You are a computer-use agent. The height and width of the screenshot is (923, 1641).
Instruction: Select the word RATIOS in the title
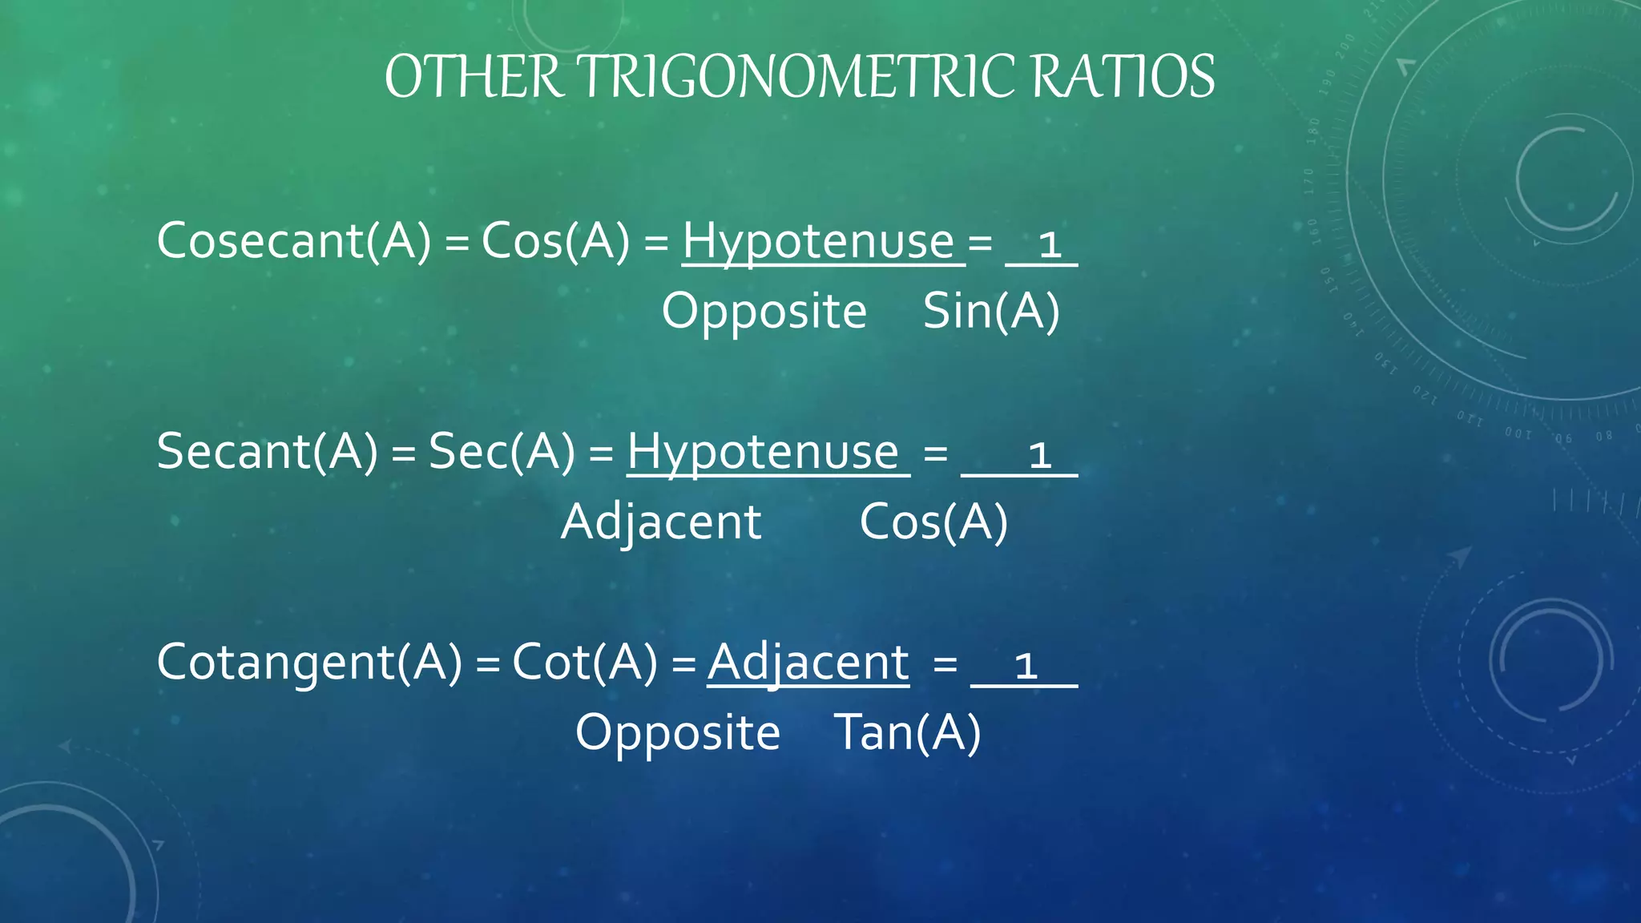pyautogui.click(x=1123, y=77)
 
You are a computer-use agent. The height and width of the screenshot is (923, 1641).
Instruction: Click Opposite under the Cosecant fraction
pyautogui.click(x=764, y=311)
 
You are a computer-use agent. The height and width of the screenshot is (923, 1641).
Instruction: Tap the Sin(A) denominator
pyautogui.click(x=991, y=311)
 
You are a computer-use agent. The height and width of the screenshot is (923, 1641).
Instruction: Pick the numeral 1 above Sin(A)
pyautogui.click(x=1049, y=244)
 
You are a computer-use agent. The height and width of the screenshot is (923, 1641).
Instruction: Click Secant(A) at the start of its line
pyautogui.click(x=267, y=451)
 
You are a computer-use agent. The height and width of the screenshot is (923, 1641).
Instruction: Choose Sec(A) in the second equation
pyautogui.click(x=502, y=451)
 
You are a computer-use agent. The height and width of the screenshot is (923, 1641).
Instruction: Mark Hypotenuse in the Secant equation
pyautogui.click(x=764, y=451)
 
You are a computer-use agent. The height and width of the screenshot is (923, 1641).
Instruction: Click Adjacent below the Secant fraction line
pyautogui.click(x=661, y=522)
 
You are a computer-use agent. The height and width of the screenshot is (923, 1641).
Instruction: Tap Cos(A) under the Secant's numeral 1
pyautogui.click(x=933, y=522)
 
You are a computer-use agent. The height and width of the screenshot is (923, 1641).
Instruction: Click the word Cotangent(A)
pyautogui.click(x=309, y=663)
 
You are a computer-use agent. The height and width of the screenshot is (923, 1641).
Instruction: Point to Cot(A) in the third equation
pyautogui.click(x=584, y=663)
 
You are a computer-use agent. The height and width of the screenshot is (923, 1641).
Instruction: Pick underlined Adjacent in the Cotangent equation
pyautogui.click(x=808, y=663)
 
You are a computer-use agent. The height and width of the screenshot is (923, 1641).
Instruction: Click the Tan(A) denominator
pyautogui.click(x=907, y=732)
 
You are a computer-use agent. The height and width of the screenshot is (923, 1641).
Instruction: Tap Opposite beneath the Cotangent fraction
pyautogui.click(x=678, y=732)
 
